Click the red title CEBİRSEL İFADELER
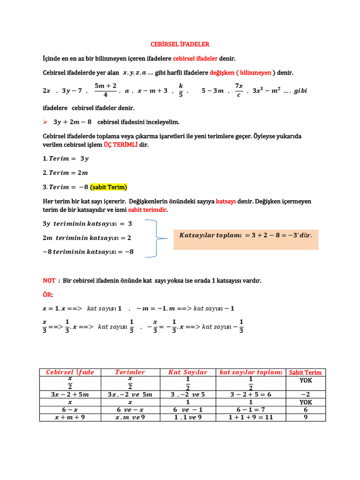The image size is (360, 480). tap(180, 44)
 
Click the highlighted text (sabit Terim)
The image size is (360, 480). tap(109, 187)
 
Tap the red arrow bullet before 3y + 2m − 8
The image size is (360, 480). tap(45, 122)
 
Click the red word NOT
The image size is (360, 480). tap(49, 280)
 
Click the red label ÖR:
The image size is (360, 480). tap(48, 294)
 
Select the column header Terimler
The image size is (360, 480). tap(130, 372)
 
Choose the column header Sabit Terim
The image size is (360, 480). tap(306, 372)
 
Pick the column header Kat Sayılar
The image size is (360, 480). tap(187, 372)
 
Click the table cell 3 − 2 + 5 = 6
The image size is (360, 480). tap(250, 394)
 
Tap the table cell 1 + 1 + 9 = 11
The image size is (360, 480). tap(250, 417)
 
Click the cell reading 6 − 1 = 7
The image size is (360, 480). tap(250, 409)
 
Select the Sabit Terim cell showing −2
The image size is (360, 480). tap(306, 394)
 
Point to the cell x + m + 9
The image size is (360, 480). tap(70, 417)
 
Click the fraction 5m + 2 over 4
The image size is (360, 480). tap(105, 90)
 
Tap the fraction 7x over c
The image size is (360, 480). tap(239, 90)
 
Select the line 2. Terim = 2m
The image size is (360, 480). tap(65, 172)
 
